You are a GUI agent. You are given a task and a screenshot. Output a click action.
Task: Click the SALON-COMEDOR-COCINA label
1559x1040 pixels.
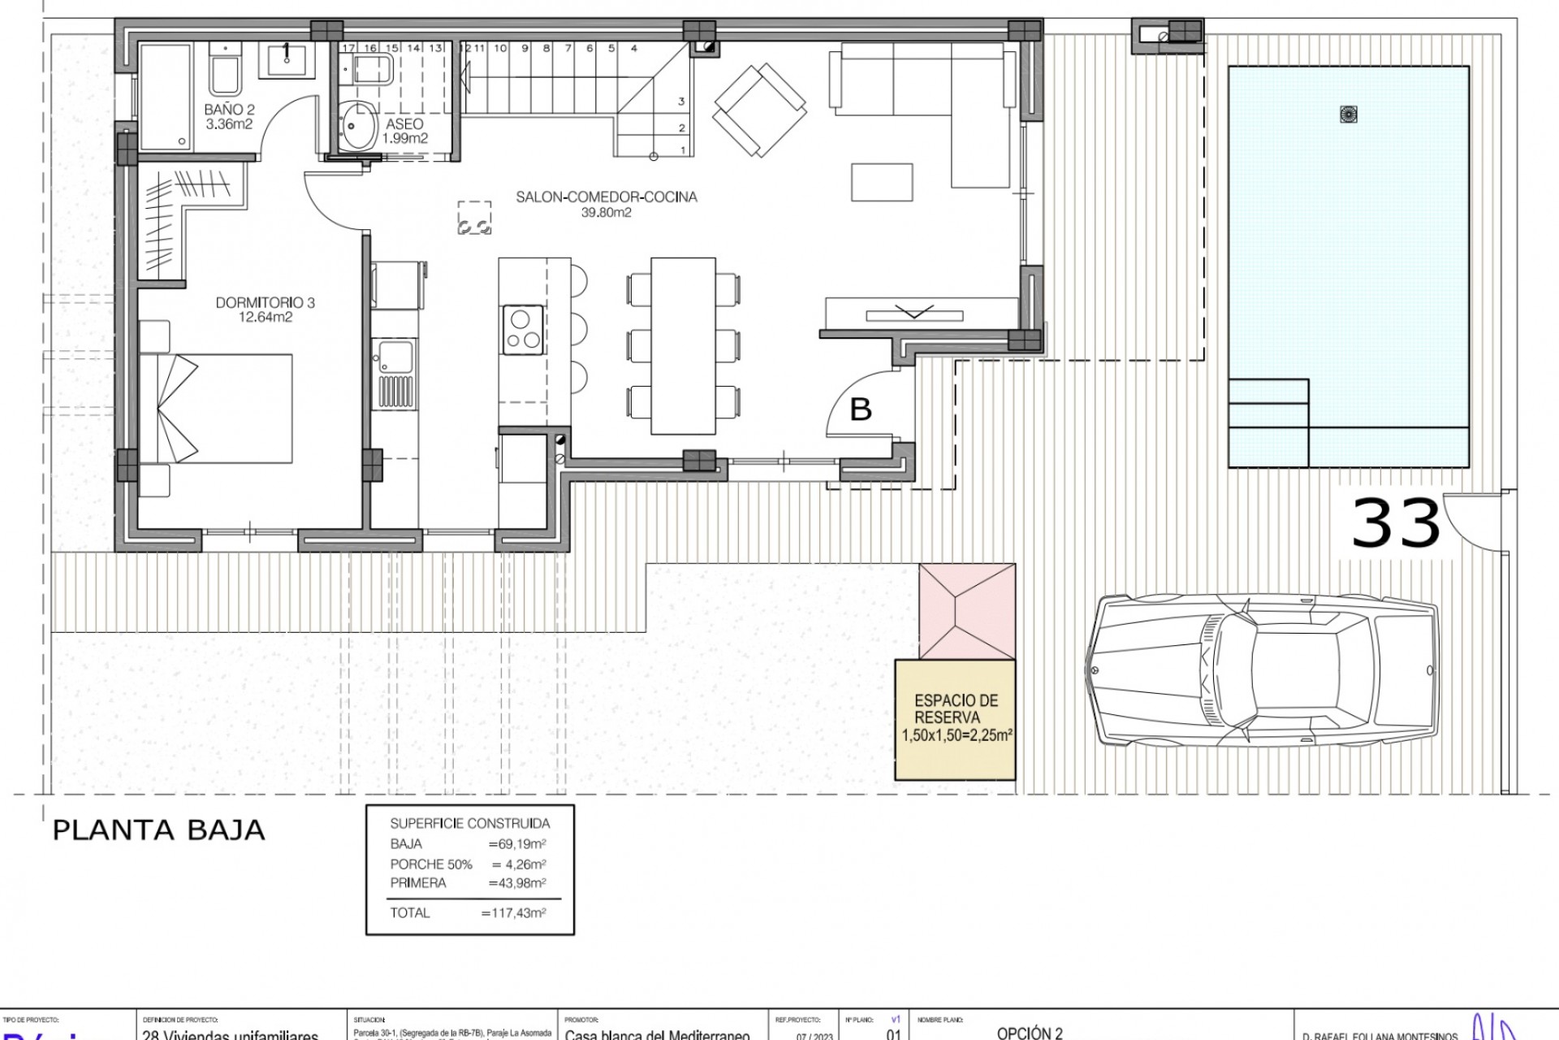606,197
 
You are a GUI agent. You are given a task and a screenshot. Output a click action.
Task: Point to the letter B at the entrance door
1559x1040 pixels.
860,409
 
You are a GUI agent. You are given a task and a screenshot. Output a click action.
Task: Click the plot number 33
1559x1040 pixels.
1395,524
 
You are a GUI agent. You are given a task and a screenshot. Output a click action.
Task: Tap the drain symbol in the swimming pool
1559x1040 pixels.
1348,115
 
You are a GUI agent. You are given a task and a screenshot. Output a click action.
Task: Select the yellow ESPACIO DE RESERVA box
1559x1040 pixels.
955,719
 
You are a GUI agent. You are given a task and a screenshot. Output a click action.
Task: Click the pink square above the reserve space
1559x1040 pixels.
967,611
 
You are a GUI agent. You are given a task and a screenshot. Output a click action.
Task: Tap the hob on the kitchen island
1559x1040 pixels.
522,329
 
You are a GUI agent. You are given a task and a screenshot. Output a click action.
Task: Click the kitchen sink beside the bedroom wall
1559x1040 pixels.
395,358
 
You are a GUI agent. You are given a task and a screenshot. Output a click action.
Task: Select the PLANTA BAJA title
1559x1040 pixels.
158,830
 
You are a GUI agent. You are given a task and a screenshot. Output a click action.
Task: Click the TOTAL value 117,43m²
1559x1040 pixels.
513,912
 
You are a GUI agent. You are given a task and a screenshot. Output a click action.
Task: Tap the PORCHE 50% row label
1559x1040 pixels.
430,864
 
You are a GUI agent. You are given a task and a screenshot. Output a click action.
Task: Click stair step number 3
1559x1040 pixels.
681,102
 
